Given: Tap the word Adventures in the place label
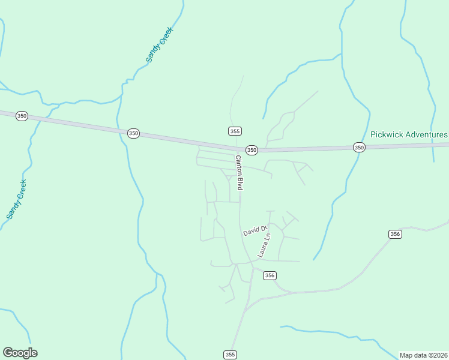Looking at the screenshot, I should click(427, 135).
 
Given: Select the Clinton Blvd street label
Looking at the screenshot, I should click(239, 173).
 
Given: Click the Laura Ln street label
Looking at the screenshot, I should click(264, 245).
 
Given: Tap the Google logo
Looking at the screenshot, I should click(20, 353).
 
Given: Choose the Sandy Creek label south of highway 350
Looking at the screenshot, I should click(16, 199).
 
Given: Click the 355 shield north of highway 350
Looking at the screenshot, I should click(235, 131).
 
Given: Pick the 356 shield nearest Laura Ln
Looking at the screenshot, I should click(270, 275).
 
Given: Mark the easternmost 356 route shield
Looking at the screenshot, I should click(394, 234).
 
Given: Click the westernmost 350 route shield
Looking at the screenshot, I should click(22, 116).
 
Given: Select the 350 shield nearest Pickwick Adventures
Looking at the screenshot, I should click(359, 147).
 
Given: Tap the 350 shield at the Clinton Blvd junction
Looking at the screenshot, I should click(252, 149).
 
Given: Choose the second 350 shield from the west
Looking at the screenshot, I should click(133, 133).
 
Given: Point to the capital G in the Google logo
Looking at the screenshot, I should click(8, 352).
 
